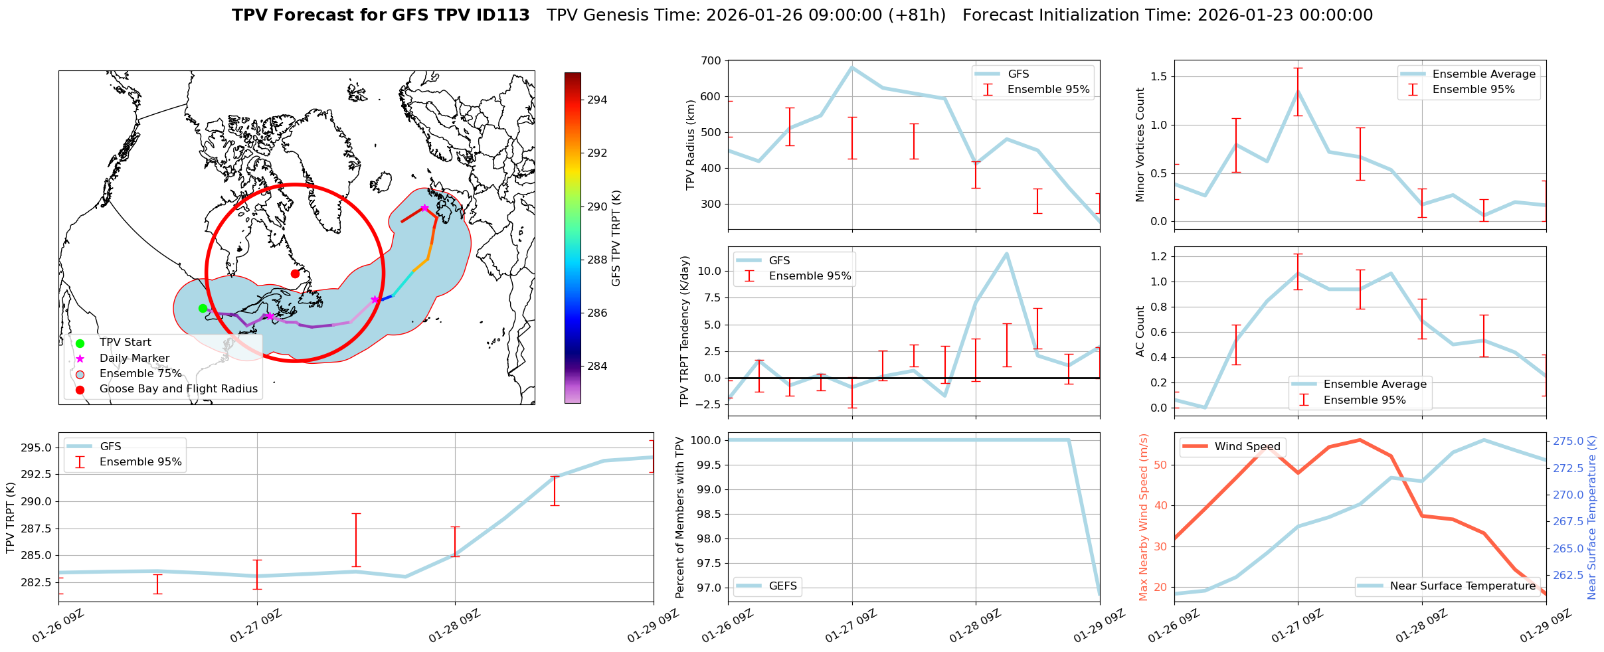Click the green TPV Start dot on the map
pos(203,308)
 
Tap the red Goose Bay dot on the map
pos(295,274)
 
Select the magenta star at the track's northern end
pos(424,208)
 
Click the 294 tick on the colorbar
pos(596,100)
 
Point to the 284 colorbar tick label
pos(596,367)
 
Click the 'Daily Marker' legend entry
pos(134,358)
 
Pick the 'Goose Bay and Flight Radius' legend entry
pos(178,389)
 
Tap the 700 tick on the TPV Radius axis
pos(711,61)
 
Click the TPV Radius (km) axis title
pos(691,145)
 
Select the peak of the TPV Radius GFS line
pos(852,66)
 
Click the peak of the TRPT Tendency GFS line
pos(1007,253)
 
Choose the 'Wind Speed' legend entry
pos(1247,447)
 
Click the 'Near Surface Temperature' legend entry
pos(1463,586)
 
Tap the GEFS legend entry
pos(782,586)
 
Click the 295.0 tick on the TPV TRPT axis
pos(40,448)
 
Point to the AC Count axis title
pos(1140,331)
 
